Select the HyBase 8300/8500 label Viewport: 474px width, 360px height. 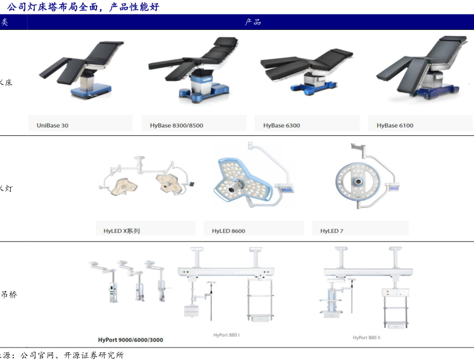(x=176, y=126)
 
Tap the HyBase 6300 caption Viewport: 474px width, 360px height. (x=282, y=126)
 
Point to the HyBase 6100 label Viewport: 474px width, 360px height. (x=395, y=126)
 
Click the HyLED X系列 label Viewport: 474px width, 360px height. (x=122, y=231)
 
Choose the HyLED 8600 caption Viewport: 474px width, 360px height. (x=228, y=231)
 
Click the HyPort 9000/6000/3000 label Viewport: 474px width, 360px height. (x=131, y=340)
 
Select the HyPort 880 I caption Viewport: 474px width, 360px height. (x=226, y=335)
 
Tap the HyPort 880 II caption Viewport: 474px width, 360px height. (x=367, y=338)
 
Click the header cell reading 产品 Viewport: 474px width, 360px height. (x=252, y=22)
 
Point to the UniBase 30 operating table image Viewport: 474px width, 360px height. (x=84, y=69)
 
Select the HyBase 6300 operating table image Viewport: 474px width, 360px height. (x=306, y=69)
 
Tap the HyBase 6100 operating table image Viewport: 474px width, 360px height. (x=419, y=66)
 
